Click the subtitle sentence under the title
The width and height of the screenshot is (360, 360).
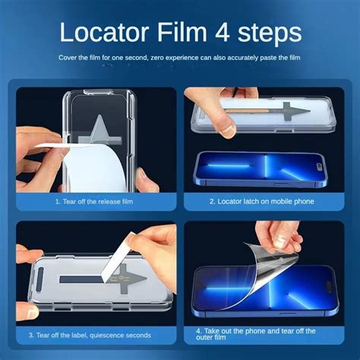(x=180, y=58)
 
